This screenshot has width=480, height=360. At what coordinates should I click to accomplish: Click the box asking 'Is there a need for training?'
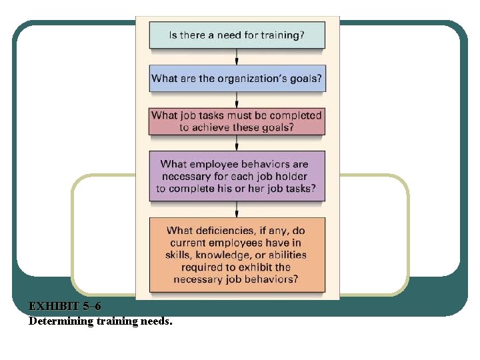(237, 35)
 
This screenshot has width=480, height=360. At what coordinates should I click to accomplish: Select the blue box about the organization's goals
(237, 78)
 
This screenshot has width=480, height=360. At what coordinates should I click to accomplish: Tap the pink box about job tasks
(237, 121)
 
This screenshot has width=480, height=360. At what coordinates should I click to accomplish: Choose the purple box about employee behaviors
(237, 176)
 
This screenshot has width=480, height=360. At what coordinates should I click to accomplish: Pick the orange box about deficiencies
(237, 255)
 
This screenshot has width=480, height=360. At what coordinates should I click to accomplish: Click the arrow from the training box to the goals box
(237, 57)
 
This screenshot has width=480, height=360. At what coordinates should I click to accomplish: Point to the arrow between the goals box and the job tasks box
(237, 99)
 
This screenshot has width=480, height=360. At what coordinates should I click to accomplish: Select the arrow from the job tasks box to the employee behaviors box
(237, 143)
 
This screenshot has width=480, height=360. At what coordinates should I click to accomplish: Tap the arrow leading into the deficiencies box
(237, 209)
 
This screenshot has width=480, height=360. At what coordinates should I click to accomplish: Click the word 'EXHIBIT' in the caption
(54, 307)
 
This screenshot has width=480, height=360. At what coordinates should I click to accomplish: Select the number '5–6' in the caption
(92, 307)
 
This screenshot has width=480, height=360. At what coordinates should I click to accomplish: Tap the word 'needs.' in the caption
(153, 321)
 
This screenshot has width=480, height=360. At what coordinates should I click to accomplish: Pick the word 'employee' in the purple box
(217, 164)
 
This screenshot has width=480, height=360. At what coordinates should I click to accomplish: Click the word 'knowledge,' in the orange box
(224, 255)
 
